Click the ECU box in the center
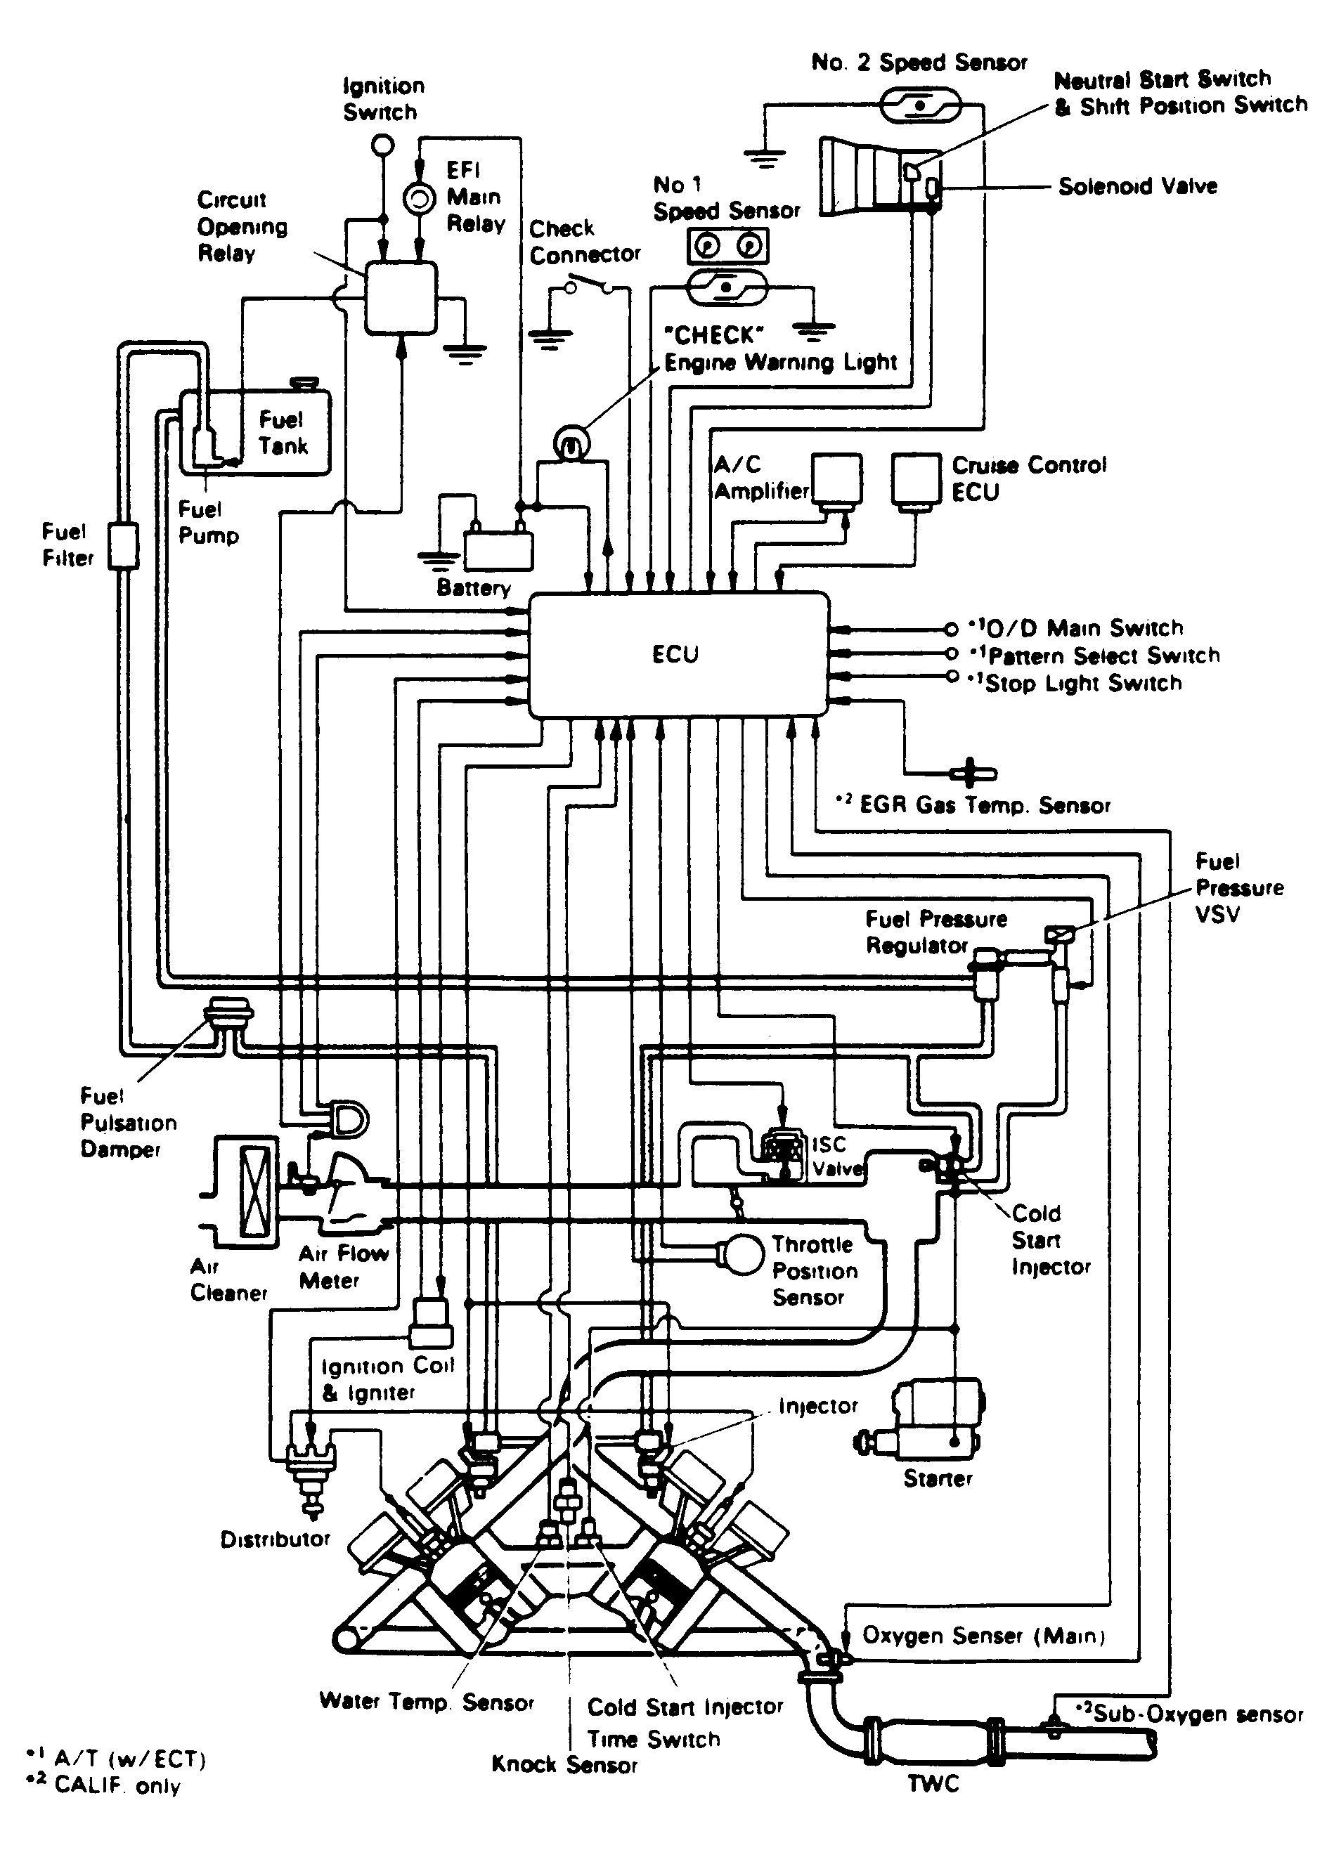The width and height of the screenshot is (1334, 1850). (678, 655)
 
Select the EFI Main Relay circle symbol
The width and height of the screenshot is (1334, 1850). (420, 199)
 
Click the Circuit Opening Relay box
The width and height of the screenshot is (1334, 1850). (400, 297)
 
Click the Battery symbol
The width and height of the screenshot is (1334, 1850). (498, 551)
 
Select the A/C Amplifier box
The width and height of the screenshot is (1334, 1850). (836, 480)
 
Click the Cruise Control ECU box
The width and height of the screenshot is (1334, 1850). (917, 480)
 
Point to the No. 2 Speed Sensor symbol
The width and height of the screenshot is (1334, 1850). (920, 106)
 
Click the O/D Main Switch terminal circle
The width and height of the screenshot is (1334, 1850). (950, 629)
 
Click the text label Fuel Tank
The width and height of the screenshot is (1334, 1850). (283, 432)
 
